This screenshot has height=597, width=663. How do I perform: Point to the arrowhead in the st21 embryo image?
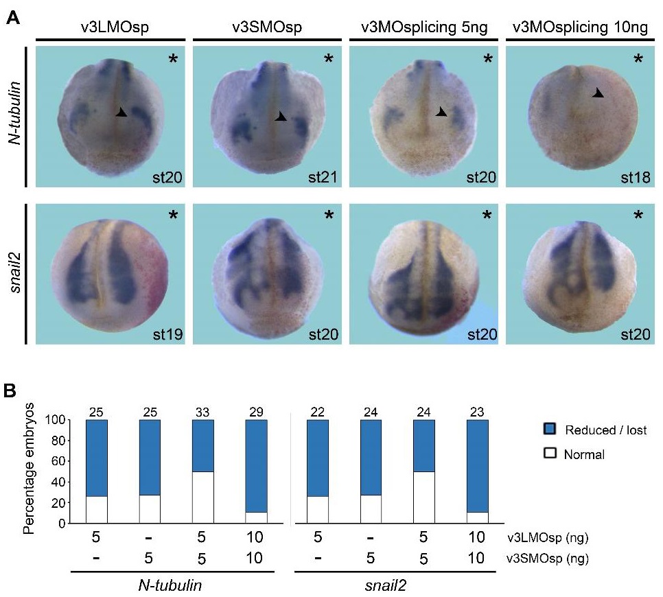pos(281,117)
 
